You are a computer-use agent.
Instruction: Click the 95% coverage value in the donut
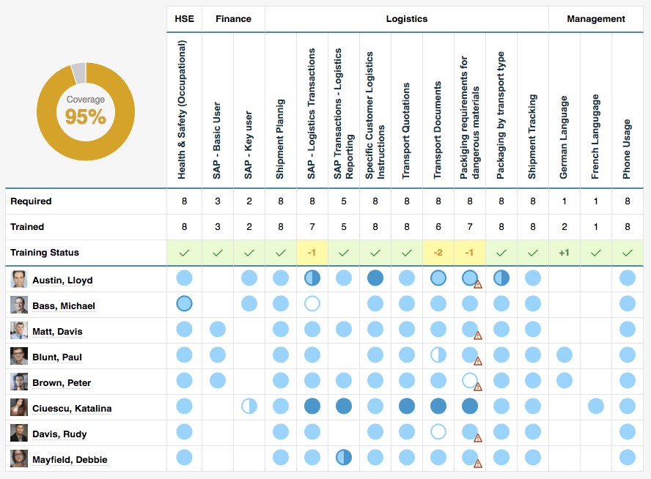[86, 116]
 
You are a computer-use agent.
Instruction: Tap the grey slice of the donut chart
[78, 73]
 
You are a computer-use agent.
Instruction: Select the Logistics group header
[406, 19]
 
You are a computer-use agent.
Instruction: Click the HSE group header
[184, 19]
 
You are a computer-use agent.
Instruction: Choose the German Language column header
[564, 136]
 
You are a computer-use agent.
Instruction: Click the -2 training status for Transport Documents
[438, 253]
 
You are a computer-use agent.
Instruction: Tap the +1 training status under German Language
[564, 253]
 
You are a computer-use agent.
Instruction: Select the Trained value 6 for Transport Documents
[438, 227]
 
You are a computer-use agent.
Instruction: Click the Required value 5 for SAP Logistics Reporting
[343, 201]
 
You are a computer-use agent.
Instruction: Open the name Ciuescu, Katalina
[72, 409]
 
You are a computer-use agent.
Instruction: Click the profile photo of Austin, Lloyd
[19, 279]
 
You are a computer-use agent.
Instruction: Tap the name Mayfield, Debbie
[70, 460]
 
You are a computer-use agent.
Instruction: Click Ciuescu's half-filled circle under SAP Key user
[249, 406]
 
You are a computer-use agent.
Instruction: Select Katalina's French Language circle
[595, 406]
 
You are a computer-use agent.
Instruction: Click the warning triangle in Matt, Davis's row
[478, 335]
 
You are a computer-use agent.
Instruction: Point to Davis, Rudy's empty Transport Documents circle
[438, 432]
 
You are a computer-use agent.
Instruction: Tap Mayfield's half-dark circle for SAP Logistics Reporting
[343, 458]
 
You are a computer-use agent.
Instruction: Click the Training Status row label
[45, 253]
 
